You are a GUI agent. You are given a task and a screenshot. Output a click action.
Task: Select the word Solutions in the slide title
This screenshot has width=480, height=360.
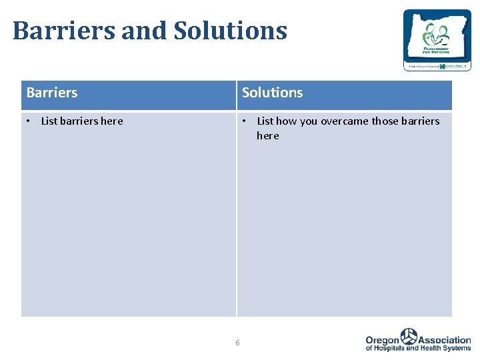pyautogui.click(x=230, y=31)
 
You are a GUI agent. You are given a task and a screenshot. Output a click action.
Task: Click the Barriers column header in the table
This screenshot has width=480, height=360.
pyautogui.click(x=52, y=93)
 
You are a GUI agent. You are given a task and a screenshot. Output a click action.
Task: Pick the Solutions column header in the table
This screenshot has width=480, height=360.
pyautogui.click(x=272, y=93)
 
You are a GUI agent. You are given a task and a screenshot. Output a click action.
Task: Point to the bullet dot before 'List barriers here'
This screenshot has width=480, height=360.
pyautogui.click(x=29, y=121)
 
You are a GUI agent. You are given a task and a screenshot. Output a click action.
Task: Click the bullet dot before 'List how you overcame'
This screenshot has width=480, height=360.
pyautogui.click(x=245, y=121)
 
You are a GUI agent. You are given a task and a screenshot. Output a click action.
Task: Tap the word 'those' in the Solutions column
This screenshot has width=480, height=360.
pyautogui.click(x=385, y=121)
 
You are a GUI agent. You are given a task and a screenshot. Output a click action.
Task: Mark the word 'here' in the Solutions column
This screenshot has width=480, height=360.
pyautogui.click(x=267, y=136)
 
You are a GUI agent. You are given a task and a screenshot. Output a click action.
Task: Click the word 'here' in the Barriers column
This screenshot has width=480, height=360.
pyautogui.click(x=111, y=121)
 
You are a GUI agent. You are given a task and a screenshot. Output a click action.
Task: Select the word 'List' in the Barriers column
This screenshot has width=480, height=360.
pyautogui.click(x=49, y=121)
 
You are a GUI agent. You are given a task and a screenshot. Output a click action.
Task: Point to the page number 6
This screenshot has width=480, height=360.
pyautogui.click(x=237, y=343)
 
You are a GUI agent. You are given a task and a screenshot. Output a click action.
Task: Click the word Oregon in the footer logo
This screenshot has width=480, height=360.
pyautogui.click(x=382, y=339)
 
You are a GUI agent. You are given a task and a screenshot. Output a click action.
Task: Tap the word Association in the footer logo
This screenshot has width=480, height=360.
pyautogui.click(x=444, y=339)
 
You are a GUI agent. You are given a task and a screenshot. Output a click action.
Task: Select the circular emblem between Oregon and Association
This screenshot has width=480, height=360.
pyautogui.click(x=408, y=336)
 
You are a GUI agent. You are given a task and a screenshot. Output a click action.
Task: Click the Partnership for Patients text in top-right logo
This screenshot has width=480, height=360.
pyautogui.click(x=437, y=49)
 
